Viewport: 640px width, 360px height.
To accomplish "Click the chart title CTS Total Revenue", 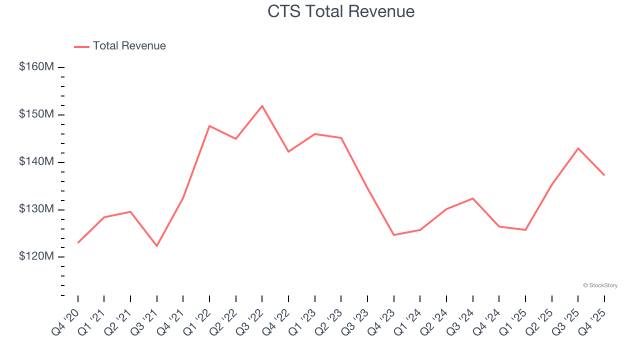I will pos(341,11).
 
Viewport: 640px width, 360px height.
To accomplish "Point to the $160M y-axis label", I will pos(36,66).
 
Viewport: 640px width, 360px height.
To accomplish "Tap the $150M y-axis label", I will pos(36,114).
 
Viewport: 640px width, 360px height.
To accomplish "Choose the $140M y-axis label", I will pos(36,161).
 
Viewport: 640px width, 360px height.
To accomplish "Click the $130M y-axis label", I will pos(36,209).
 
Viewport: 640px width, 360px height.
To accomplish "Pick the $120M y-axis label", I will pos(36,256).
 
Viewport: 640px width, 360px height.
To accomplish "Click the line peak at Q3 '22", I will pos(262,106).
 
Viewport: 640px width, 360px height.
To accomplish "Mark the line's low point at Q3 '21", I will pos(157,246).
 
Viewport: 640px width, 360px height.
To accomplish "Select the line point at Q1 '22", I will pos(209,126).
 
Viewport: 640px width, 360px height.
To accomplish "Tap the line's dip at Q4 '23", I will pos(394,235).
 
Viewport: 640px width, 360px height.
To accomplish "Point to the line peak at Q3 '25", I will pos(578,148).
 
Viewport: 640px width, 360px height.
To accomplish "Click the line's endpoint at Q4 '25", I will pos(604,175).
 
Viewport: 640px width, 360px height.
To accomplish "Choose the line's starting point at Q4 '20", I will pos(78,242).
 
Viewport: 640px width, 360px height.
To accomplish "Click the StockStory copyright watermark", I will pos(600,285).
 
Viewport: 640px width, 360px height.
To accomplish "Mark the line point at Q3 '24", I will pos(472,198).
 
